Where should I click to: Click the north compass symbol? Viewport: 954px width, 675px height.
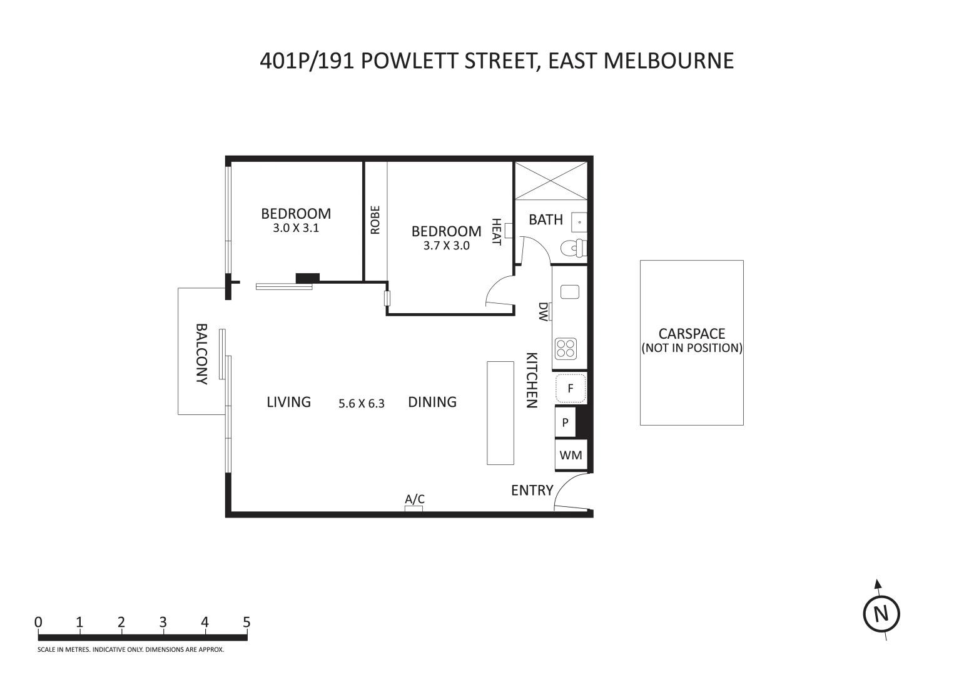point(881,614)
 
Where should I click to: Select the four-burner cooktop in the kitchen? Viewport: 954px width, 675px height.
point(566,348)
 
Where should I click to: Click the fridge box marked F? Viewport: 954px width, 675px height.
point(571,388)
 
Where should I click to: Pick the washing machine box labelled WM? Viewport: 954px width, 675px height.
point(571,455)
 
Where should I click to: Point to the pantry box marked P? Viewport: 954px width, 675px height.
point(565,422)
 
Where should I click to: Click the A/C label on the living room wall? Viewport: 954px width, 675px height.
point(415,499)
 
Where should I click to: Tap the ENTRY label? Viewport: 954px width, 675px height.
point(532,490)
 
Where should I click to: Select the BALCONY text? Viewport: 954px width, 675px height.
point(201,353)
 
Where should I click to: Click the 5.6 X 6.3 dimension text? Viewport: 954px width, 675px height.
point(362,404)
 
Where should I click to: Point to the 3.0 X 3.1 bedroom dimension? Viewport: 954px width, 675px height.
point(296,228)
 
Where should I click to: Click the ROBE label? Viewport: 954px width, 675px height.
point(375,220)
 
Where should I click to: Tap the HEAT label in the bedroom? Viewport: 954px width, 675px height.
point(496,232)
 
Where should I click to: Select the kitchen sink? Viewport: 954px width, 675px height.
point(570,291)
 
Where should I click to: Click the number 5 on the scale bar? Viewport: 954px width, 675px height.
point(246,622)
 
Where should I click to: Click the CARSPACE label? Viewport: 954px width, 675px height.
point(691,334)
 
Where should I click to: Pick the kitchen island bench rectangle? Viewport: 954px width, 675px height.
point(500,412)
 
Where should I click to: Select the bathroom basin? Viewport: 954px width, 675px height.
point(580,222)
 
